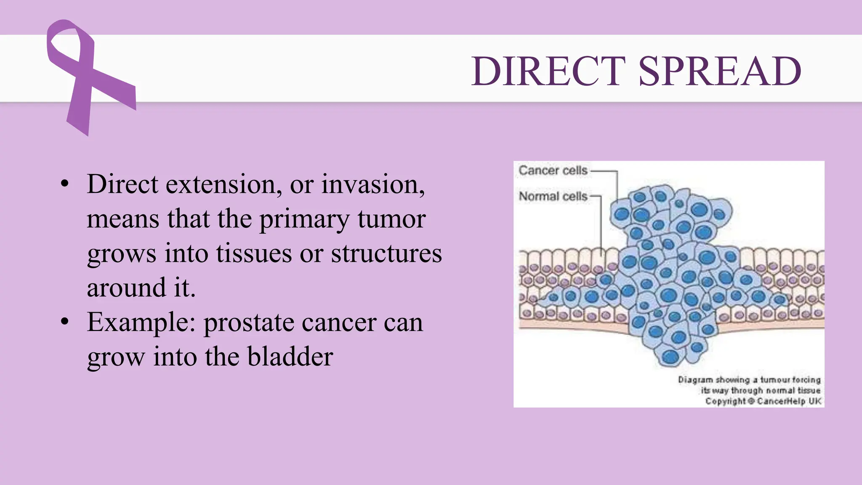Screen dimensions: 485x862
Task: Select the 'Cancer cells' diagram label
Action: tap(553, 171)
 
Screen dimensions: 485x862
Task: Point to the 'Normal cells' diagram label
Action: tap(553, 196)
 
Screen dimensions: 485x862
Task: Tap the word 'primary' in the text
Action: tap(304, 220)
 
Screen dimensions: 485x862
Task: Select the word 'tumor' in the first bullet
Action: tap(391, 220)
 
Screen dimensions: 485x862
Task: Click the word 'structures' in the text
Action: tap(386, 254)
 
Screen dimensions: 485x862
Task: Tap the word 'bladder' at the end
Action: tap(290, 357)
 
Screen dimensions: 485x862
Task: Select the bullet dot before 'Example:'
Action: tap(64, 322)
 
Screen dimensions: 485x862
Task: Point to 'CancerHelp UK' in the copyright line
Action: tap(789, 401)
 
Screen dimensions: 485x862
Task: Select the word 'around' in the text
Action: tap(126, 288)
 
